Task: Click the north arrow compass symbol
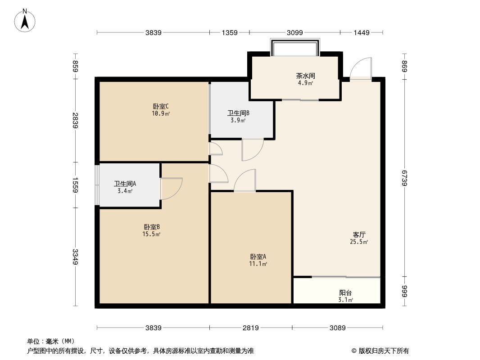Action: point(26,20)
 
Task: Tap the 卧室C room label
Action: point(160,107)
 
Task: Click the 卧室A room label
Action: point(258,257)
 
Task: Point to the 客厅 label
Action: point(359,235)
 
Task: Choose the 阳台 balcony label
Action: point(346,293)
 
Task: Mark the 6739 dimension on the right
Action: point(404,179)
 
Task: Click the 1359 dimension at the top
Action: point(229,32)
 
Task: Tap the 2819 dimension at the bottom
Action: point(251,328)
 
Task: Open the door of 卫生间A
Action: point(171,189)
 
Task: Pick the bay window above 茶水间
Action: point(295,47)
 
